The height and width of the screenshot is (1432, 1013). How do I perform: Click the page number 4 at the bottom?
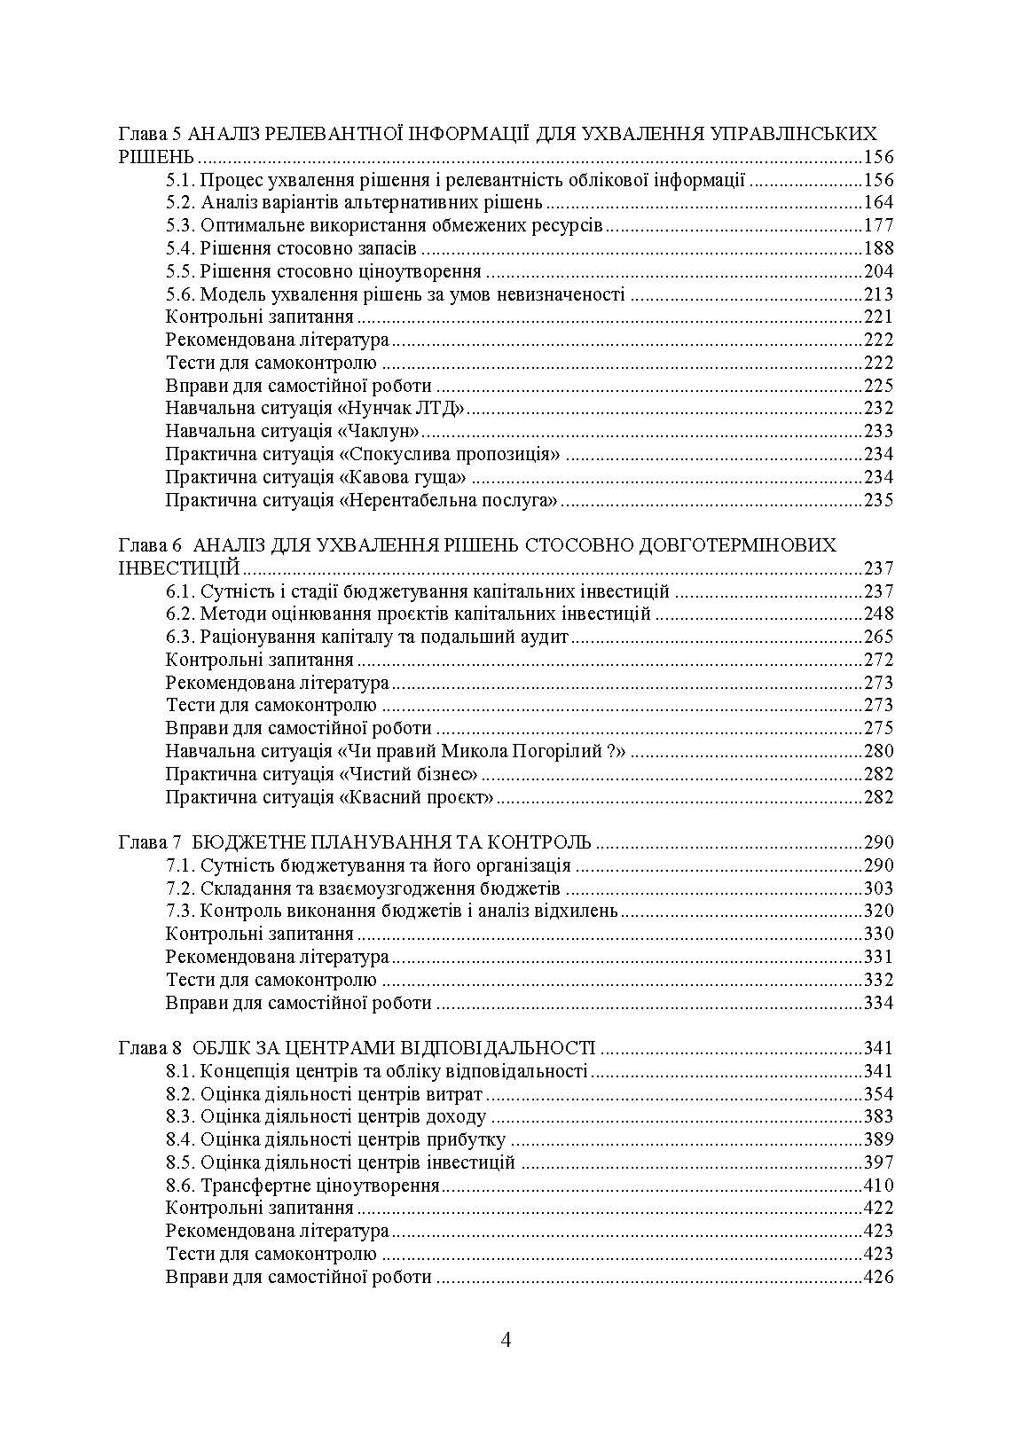click(506, 1339)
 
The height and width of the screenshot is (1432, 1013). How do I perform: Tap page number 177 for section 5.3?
click(878, 225)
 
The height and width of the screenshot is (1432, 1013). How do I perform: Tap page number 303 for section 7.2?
click(878, 888)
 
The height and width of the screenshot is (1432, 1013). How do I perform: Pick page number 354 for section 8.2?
click(878, 1094)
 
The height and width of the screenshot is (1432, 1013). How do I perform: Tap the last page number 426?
click(878, 1278)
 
